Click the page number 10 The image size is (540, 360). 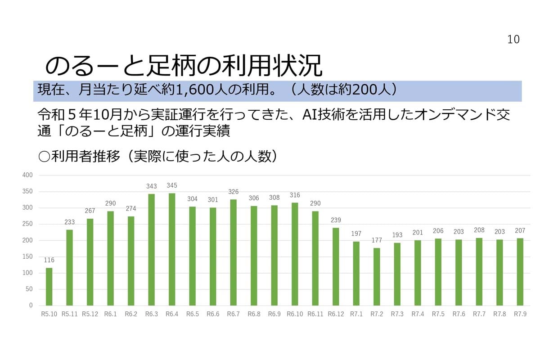pos(513,40)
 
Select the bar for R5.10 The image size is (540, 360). pos(49,287)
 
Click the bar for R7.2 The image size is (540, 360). pos(377,276)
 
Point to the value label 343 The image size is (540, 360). pos(152,186)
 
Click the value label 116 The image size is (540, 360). pos(49,260)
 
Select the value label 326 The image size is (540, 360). pos(234,192)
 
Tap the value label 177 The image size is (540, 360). pos(377,240)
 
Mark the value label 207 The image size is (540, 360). pos(520,230)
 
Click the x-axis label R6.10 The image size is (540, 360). pos(295,314)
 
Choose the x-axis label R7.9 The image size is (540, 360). pos(520,314)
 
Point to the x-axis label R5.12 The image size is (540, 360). pos(90,314)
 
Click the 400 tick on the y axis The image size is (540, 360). pos(28,175)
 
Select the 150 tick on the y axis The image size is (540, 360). pos(28,256)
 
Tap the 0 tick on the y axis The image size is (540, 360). pos(31,305)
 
